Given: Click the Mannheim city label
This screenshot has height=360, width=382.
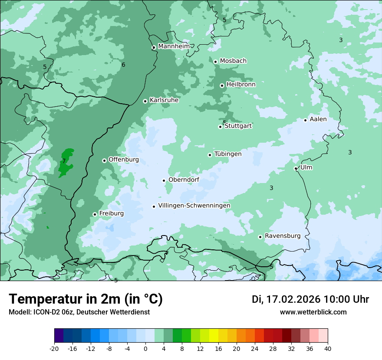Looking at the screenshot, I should [174, 46].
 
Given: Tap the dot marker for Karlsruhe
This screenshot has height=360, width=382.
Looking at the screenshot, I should [145, 101].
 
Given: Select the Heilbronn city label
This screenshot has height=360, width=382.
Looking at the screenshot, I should [241, 84].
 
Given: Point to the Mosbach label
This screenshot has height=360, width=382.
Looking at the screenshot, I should [233, 61].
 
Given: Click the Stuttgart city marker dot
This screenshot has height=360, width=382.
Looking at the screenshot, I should [220, 127].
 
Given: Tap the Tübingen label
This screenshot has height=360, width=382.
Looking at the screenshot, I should [228, 154].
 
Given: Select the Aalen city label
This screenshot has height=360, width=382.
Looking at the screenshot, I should [318, 119].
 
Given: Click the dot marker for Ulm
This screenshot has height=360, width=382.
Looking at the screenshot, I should [296, 168].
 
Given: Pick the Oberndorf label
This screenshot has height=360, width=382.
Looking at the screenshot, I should [184, 180].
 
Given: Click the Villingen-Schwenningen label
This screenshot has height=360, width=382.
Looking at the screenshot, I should [194, 206].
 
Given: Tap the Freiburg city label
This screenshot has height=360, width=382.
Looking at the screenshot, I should [111, 213].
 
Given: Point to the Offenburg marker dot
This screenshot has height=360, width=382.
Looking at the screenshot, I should [104, 160].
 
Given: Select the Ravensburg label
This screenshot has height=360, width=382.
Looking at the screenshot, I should [283, 236].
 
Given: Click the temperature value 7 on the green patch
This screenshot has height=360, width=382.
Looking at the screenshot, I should [64, 161].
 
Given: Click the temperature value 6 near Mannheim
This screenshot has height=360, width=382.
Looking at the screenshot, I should [123, 65].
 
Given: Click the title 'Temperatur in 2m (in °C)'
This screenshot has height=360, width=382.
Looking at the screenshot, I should [86, 299].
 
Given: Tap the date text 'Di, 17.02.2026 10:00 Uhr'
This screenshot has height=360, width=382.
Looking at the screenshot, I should [310, 299].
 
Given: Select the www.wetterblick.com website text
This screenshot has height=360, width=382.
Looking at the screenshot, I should [313, 312].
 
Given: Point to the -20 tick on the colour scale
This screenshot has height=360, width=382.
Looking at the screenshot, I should [54, 348].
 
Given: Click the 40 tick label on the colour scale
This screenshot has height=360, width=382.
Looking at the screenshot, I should [328, 348].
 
